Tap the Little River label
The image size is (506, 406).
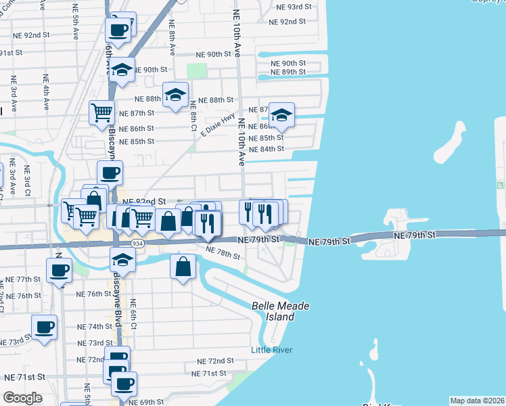click(270, 349)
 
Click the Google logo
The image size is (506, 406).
click(22, 398)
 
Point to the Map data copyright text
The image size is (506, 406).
click(477, 401)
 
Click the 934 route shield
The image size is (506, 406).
click(138, 243)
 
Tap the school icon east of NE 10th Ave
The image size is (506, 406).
click(281, 114)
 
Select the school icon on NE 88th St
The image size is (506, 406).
click(175, 95)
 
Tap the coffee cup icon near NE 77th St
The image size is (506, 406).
click(59, 270)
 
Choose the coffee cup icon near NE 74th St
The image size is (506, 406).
click(44, 328)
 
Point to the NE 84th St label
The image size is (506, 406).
click(266, 150)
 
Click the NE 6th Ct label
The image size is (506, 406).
click(133, 315)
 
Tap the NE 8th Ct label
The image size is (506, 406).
click(193, 115)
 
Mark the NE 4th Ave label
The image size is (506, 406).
click(46, 93)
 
